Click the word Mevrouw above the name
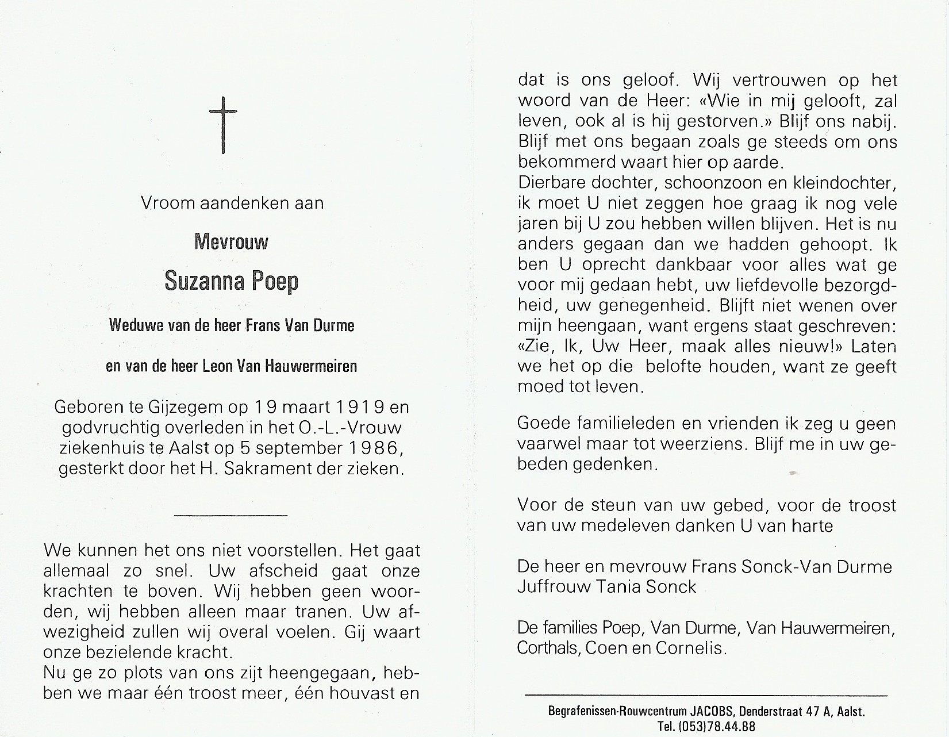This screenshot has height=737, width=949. click(x=231, y=242)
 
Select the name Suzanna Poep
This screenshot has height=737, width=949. click(x=231, y=281)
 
